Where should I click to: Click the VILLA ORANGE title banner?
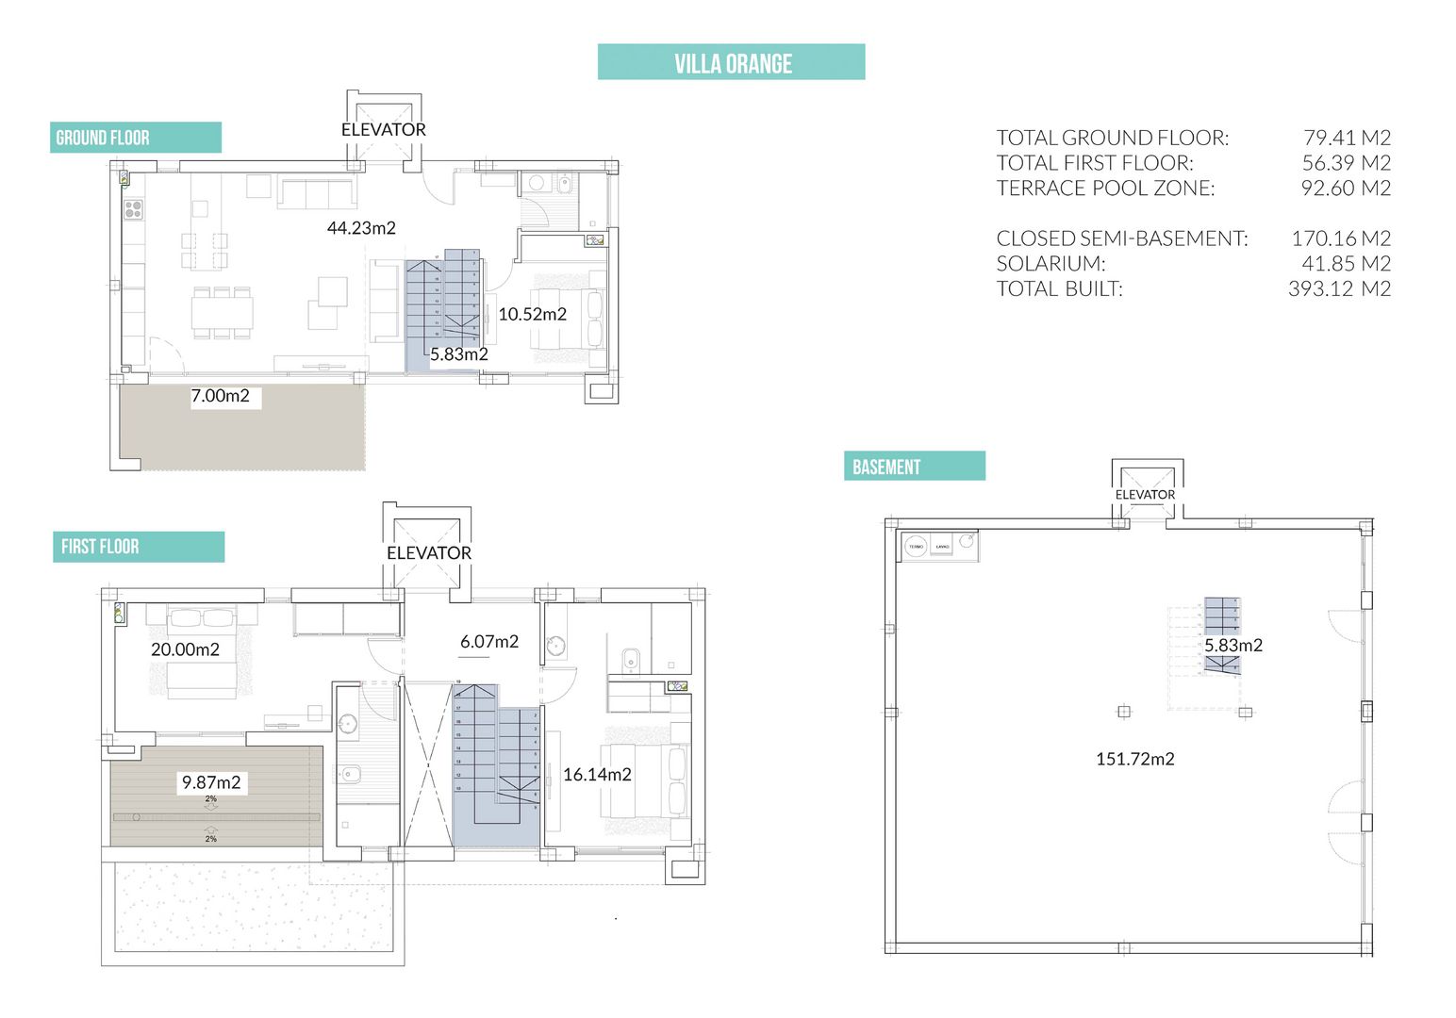[732, 63]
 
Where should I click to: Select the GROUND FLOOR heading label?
[103, 138]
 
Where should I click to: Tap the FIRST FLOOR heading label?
[100, 547]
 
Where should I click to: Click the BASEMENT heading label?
[885, 467]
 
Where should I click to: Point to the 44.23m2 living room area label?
[361, 228]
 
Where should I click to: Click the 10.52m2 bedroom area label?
[532, 314]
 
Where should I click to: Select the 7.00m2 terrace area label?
[221, 396]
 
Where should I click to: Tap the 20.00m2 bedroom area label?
[185, 649]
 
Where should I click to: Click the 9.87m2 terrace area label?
[211, 782]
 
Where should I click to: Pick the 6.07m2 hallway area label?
[489, 642]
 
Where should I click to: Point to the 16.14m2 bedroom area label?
[597, 775]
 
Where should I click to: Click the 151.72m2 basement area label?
[1134, 759]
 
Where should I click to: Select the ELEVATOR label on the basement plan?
[1145, 495]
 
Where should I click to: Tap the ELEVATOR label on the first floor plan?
[428, 553]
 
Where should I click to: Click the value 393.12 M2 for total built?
[1339, 289]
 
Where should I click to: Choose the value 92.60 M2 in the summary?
[1346, 189]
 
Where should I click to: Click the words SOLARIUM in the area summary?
[1051, 264]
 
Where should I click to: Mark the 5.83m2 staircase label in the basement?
[1233, 646]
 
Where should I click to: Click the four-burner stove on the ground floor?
[133, 209]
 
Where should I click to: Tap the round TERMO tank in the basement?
[916, 547]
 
